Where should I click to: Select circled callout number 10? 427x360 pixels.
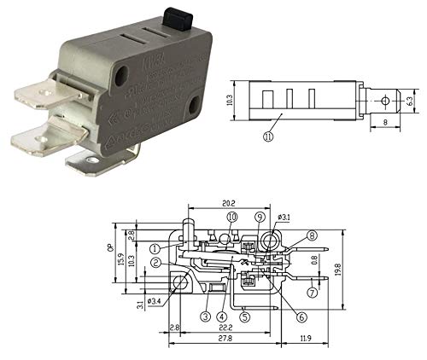(231, 218)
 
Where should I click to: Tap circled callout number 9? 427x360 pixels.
(259, 218)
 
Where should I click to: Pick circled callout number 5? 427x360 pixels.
(244, 316)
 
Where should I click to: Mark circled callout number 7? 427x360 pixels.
(313, 293)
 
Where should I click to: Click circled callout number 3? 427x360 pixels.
(205, 316)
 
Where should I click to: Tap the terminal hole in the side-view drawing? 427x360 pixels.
(384, 101)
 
